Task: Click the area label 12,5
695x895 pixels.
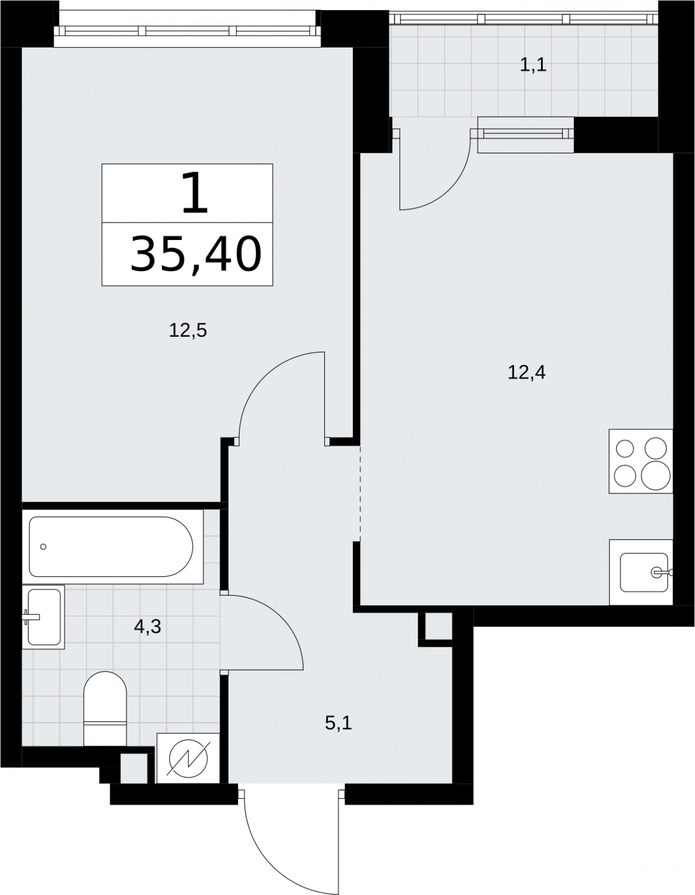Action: coord(188,331)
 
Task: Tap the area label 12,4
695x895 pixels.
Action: coord(527,373)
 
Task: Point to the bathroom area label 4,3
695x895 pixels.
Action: coord(147,627)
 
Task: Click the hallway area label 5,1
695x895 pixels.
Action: coord(338,723)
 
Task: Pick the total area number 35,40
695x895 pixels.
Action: coord(196,254)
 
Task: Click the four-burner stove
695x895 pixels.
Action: coord(641,461)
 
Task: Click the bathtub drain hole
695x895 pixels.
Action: coord(43,547)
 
